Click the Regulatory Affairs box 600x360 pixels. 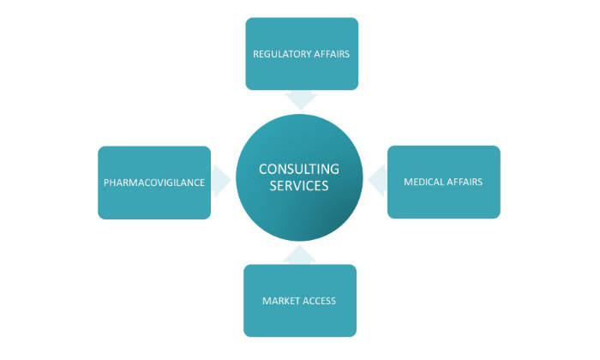tap(302, 53)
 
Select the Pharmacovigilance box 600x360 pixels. tap(154, 183)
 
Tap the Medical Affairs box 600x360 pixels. tap(443, 182)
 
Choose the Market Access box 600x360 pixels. tap(299, 300)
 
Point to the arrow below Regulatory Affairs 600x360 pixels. tap(302, 99)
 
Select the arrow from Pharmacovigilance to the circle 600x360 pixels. tap(221, 181)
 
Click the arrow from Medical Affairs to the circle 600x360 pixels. tap(377, 181)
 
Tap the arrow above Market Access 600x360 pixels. tap(299, 255)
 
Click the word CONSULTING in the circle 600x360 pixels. tap(299, 169)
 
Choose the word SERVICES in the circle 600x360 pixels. tap(299, 186)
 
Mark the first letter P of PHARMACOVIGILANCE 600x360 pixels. tap(106, 183)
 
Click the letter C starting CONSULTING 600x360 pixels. tap(263, 169)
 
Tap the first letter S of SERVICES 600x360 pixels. tap(273, 186)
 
